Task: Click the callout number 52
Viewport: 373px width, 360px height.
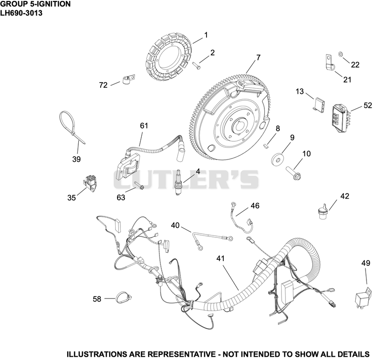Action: [x=367, y=105]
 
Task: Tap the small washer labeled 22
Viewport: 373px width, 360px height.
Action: [x=341, y=54]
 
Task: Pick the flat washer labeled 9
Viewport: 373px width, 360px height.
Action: [x=276, y=159]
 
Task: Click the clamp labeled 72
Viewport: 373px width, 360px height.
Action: [x=128, y=79]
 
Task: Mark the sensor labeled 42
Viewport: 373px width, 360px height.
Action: [x=323, y=211]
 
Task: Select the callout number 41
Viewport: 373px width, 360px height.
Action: [x=221, y=258]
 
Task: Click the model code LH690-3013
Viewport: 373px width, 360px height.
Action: [x=21, y=13]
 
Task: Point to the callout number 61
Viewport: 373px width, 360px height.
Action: [x=144, y=125]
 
